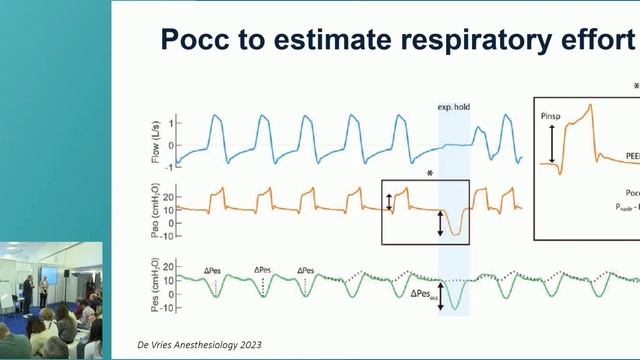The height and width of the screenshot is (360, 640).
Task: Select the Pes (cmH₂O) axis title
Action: click(147, 284)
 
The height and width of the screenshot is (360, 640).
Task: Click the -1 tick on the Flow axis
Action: click(172, 160)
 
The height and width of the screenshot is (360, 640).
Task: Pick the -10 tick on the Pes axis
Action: click(170, 308)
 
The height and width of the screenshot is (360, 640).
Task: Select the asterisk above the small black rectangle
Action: click(429, 173)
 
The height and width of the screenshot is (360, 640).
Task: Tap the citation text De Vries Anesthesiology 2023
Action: click(199, 344)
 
